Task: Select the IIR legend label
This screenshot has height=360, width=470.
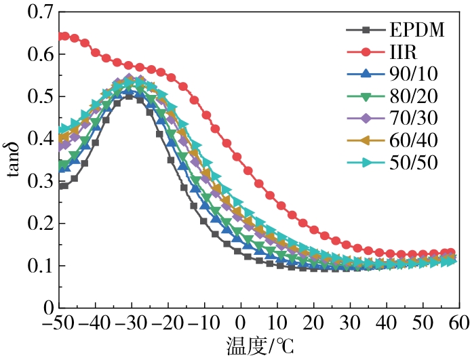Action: [x=402, y=52]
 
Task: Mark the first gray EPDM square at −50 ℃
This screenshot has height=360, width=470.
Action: [x=64, y=186]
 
